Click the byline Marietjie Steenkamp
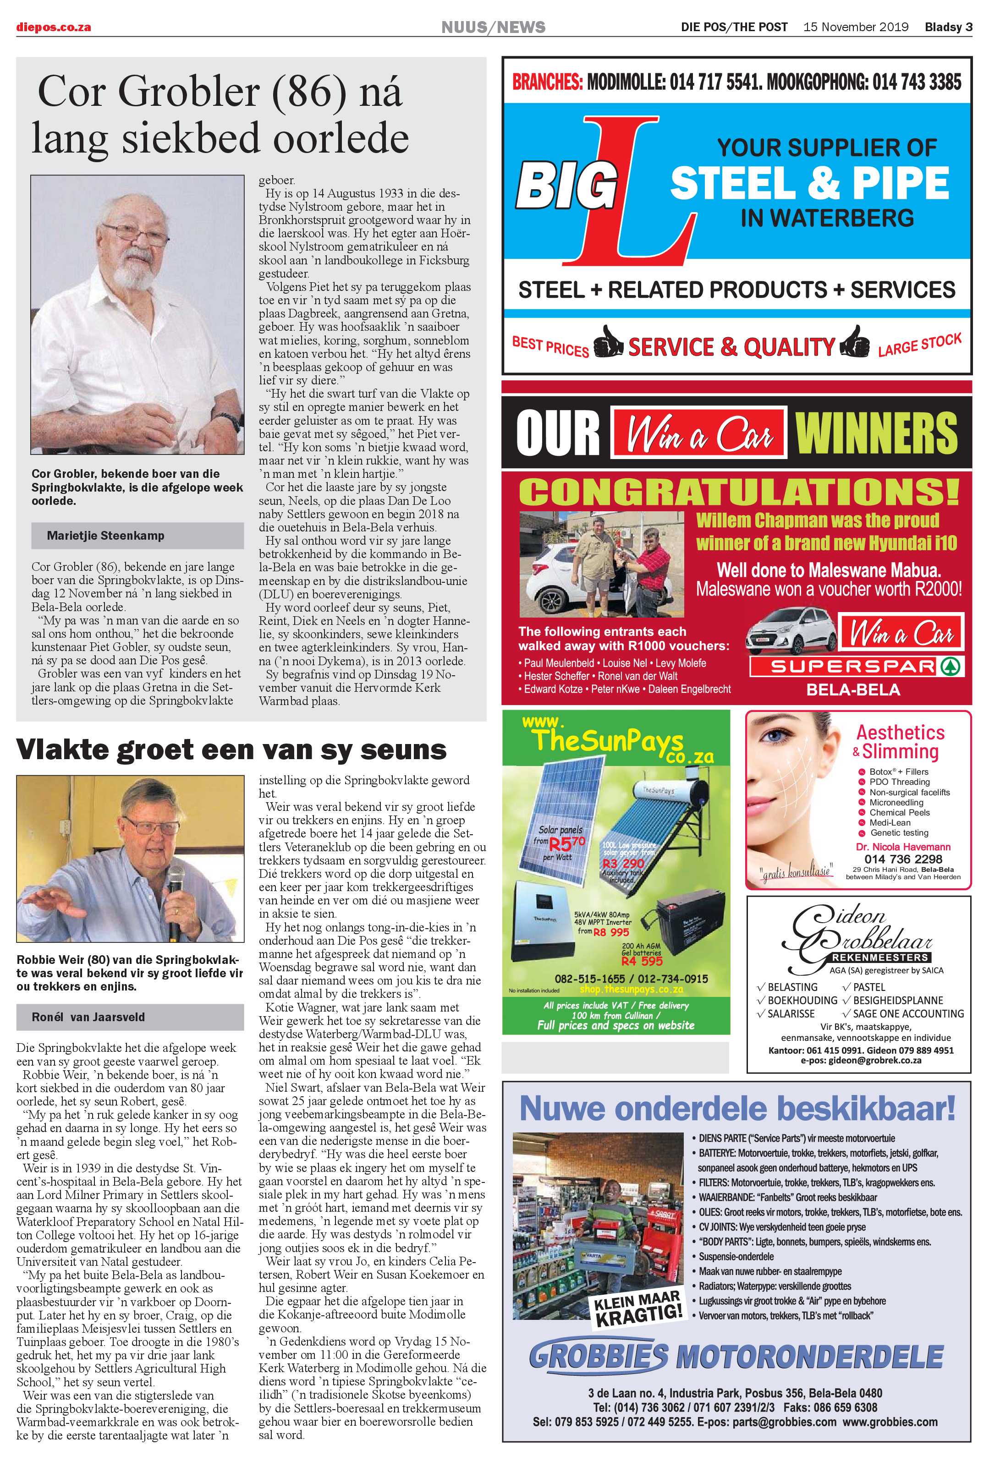pos(105,536)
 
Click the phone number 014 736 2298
pos(903,859)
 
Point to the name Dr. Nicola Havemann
pos(903,847)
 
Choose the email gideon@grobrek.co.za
pos(861,1060)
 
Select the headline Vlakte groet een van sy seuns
pos(231,750)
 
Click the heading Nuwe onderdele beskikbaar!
pos(737,1108)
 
